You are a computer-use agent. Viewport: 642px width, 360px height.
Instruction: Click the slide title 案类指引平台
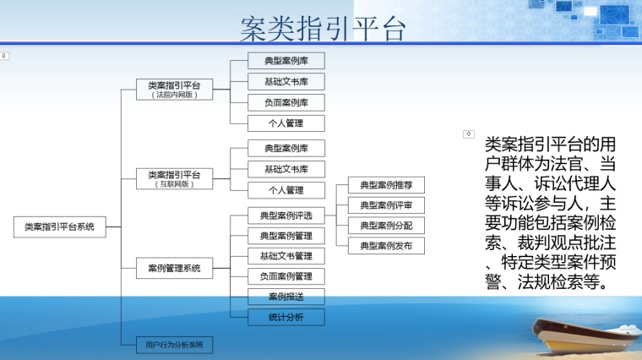(x=323, y=29)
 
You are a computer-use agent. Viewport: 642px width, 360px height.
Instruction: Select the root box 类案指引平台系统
(x=59, y=226)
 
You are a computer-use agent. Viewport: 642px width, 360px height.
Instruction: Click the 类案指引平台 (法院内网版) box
(x=174, y=90)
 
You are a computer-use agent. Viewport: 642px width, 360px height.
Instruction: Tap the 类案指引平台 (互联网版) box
(x=174, y=178)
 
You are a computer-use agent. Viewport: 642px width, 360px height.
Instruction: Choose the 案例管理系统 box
(x=174, y=269)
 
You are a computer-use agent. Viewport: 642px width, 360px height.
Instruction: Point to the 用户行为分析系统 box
(x=174, y=345)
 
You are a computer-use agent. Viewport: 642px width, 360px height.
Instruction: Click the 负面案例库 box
(x=286, y=102)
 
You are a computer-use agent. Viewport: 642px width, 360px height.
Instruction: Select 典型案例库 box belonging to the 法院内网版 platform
(x=286, y=61)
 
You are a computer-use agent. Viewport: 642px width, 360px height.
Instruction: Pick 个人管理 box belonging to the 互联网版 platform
(x=286, y=190)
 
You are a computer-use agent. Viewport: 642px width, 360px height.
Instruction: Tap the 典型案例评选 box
(x=286, y=215)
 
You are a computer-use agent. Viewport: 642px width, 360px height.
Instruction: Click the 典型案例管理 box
(x=286, y=236)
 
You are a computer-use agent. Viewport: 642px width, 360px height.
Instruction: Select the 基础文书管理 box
(x=286, y=256)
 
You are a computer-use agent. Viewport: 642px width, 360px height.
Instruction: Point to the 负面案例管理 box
(x=286, y=276)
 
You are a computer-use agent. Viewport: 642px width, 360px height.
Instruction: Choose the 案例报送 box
(x=286, y=297)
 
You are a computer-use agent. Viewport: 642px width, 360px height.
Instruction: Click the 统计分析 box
(x=286, y=318)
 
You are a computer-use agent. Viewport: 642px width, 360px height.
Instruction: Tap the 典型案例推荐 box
(x=386, y=184)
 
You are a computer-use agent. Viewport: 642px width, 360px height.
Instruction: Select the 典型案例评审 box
(x=386, y=205)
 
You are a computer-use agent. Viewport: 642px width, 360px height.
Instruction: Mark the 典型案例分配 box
(x=386, y=226)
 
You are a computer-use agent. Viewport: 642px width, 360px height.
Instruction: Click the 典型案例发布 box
(x=386, y=246)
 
